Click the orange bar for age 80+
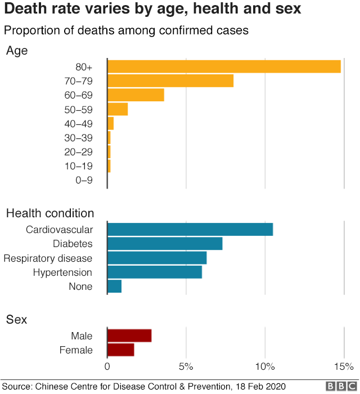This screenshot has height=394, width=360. pos(224,66)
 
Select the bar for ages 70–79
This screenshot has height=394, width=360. pos(170,80)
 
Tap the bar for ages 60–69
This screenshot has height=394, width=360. pos(136,95)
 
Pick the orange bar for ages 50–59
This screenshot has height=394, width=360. pos(118,109)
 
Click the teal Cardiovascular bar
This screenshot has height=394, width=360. pos(190,230)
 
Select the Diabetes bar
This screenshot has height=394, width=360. pos(165,244)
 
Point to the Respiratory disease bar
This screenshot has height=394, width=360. pos(157,258)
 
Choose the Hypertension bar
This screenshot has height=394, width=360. pos(155,272)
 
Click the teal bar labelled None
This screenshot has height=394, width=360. pos(114,286)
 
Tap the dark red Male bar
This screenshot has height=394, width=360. pos(129,336)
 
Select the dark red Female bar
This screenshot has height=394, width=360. pos(121,350)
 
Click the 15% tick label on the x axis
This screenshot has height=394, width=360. pos(344,367)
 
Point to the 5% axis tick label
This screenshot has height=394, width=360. pos(186,367)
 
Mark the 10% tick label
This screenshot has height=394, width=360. pos(265,367)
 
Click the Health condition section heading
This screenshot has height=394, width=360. pos(50,213)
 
